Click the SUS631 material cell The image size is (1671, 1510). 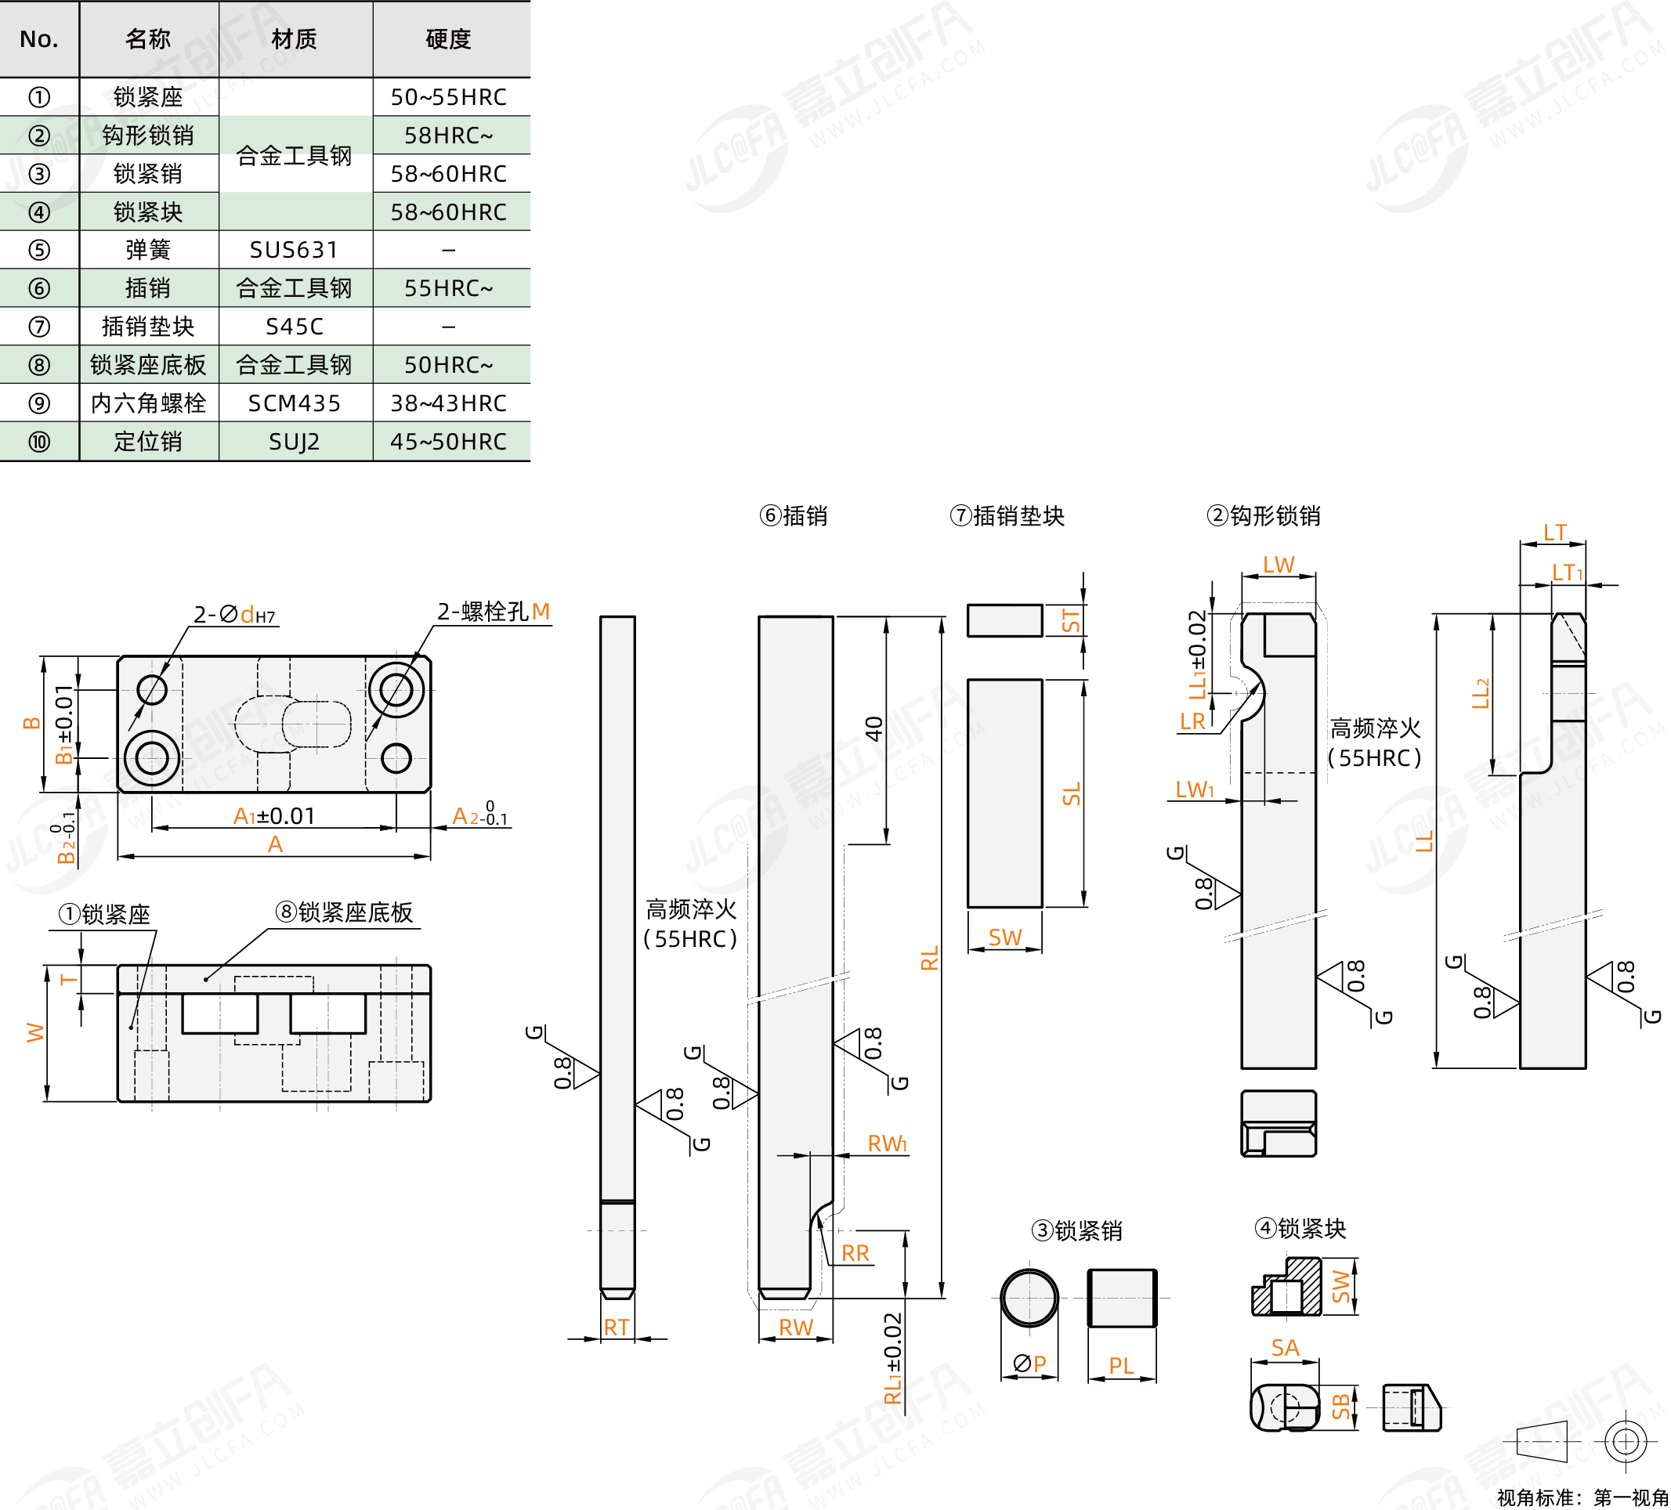294,250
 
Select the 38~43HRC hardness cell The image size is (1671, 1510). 448,403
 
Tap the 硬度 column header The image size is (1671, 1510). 448,39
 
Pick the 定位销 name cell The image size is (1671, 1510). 147,441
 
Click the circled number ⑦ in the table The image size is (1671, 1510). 39,327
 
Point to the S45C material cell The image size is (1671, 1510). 294,327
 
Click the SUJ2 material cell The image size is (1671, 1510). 294,441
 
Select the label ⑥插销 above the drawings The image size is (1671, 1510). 794,515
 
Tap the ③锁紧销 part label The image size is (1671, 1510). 1076,1230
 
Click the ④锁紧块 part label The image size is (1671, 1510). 1300,1227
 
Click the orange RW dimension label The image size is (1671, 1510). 796,1327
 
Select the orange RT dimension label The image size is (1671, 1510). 616,1327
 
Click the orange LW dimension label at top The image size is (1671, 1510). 1278,565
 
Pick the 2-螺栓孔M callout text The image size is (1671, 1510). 494,612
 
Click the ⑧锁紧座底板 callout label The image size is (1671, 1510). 344,912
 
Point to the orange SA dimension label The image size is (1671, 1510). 1285,1348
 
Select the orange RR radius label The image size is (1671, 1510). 855,1253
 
